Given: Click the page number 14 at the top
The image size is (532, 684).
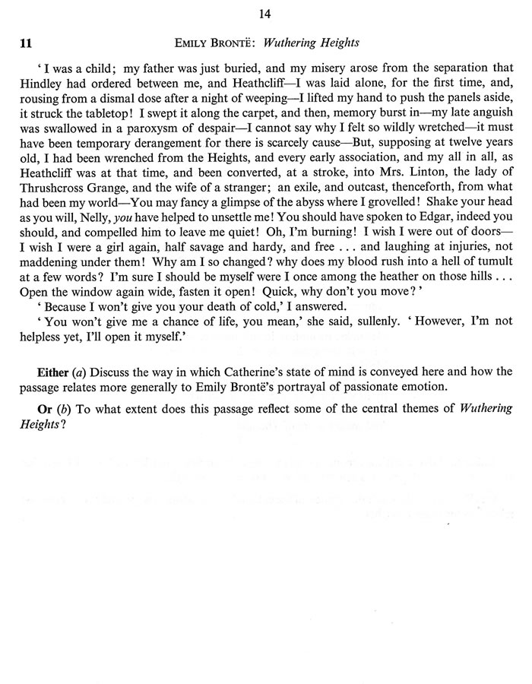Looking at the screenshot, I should coord(265,13).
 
